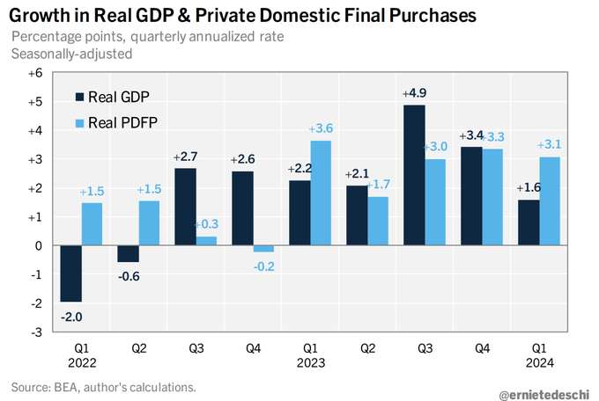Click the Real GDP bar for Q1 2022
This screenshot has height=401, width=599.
coord(71,273)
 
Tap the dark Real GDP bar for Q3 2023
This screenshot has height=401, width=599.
coord(414,175)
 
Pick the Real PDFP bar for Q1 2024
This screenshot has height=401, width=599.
coord(549,200)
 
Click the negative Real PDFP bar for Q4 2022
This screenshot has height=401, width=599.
coord(263,249)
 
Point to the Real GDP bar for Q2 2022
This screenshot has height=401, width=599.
coord(128,254)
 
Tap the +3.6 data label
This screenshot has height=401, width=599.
coord(321,128)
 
